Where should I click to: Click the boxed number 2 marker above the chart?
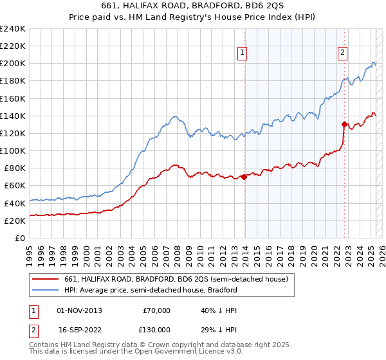343,53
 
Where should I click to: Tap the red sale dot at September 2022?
344,125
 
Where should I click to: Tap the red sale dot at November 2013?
244,177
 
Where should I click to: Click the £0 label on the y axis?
21,238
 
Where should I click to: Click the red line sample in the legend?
46,279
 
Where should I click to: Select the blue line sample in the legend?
46,290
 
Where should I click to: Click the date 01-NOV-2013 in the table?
80,310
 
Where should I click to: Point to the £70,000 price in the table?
156,310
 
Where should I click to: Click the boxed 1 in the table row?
33,310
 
